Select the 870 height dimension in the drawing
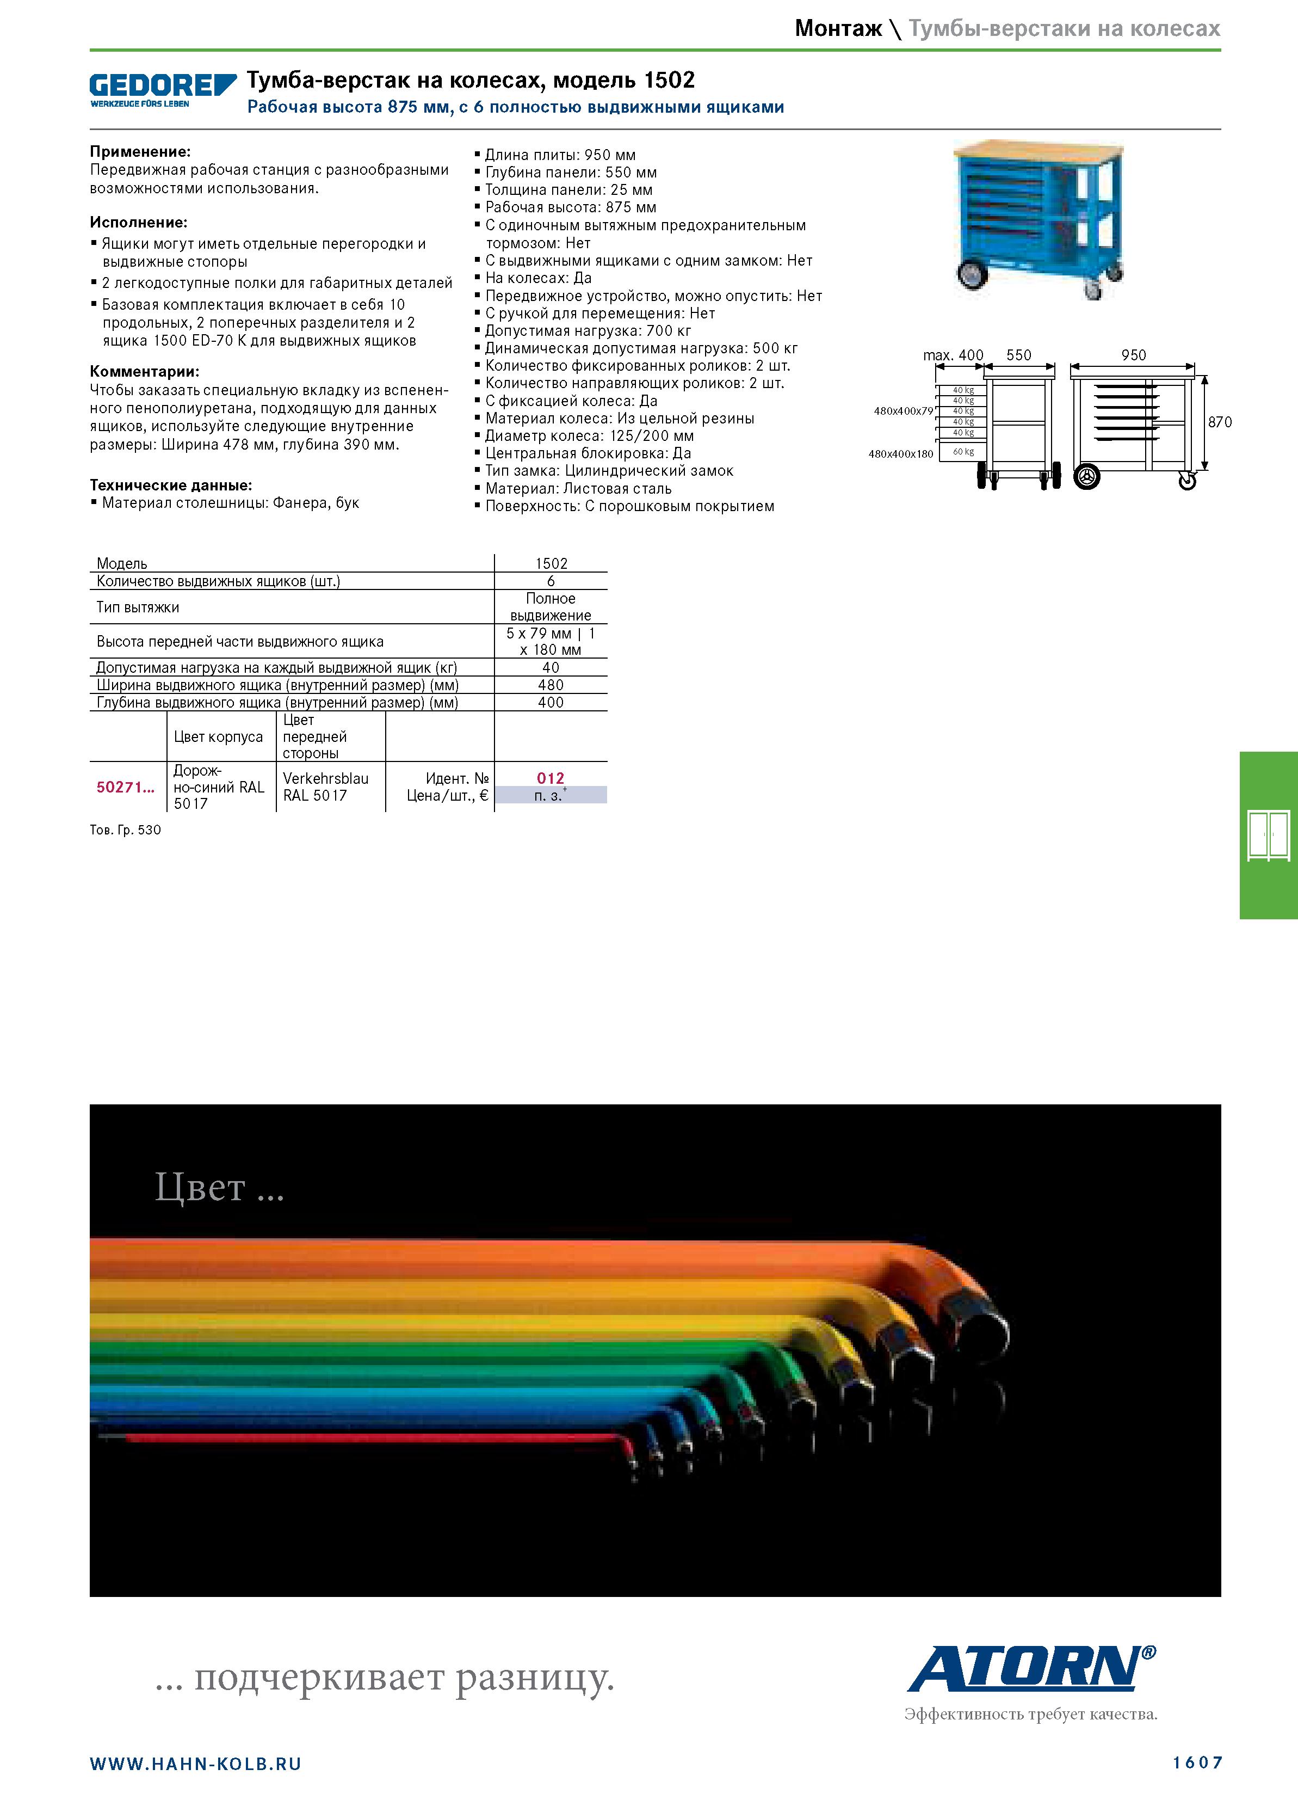(x=1220, y=422)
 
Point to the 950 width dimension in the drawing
(x=1133, y=355)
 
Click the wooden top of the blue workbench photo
(x=1039, y=149)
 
